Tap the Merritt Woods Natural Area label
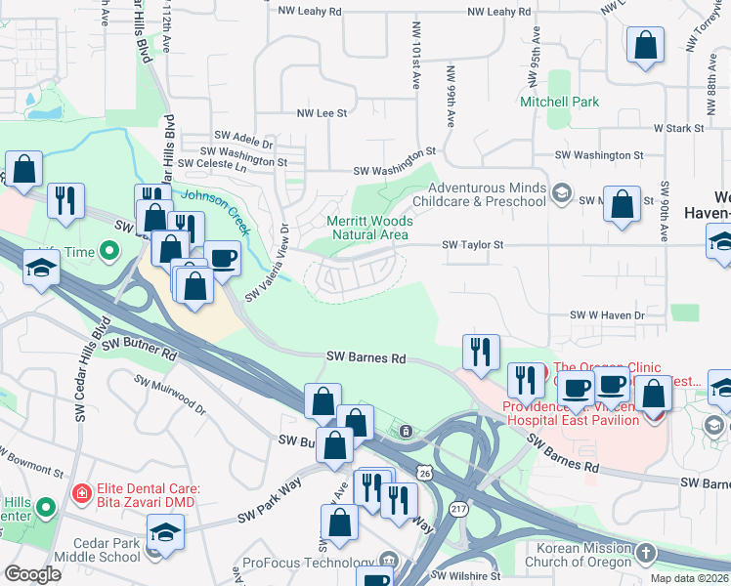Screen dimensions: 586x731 pyautogui.click(x=368, y=228)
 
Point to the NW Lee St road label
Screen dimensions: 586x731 pyautogui.click(x=322, y=113)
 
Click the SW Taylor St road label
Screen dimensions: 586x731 pyautogui.click(x=472, y=245)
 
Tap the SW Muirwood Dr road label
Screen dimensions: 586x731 pyautogui.click(x=170, y=394)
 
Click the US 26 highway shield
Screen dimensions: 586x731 pyautogui.click(x=423, y=473)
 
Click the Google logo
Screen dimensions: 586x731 pyautogui.click(x=32, y=574)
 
